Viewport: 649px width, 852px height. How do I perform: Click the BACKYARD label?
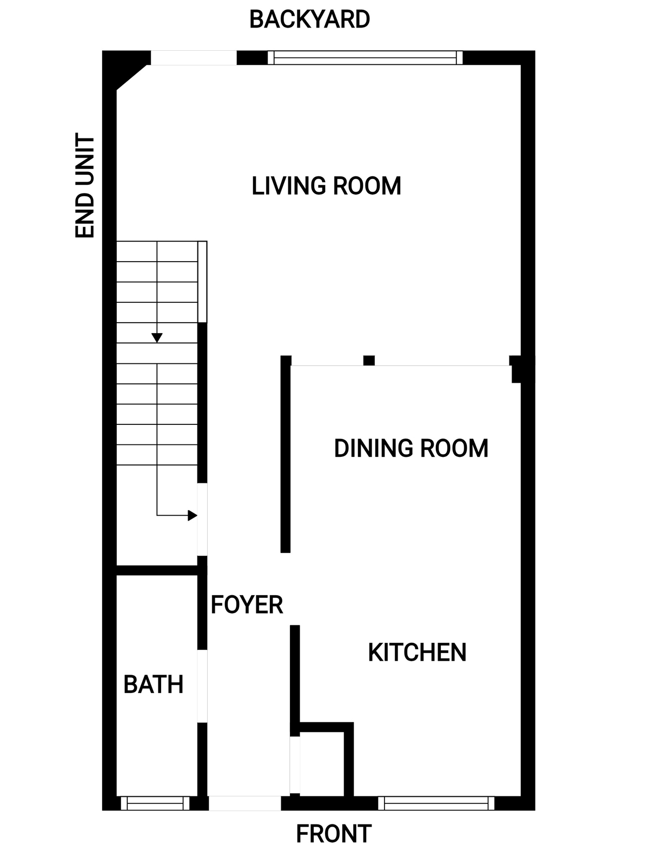pyautogui.click(x=309, y=19)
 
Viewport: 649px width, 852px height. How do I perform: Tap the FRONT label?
pyautogui.click(x=334, y=834)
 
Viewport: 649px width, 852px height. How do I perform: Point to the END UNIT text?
pyautogui.click(x=84, y=185)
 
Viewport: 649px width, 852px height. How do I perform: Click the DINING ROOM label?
pyautogui.click(x=410, y=448)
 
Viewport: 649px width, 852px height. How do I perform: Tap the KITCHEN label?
pyautogui.click(x=417, y=653)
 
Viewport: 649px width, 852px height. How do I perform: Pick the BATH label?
pyautogui.click(x=153, y=684)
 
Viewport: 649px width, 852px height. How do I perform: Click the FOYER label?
pyautogui.click(x=247, y=604)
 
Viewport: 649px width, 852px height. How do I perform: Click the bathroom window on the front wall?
pyautogui.click(x=155, y=803)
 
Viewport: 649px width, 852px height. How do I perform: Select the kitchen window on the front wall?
pyautogui.click(x=436, y=803)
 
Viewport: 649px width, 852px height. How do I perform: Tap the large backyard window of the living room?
pyautogui.click(x=365, y=58)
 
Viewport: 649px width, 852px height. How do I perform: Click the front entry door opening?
pyautogui.click(x=244, y=803)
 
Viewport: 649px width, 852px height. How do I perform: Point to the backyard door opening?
pyautogui.click(x=193, y=58)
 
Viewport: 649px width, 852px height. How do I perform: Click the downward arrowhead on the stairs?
pyautogui.click(x=157, y=338)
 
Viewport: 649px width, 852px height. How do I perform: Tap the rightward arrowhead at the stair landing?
pyautogui.click(x=193, y=515)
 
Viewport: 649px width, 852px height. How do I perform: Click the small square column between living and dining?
pyautogui.click(x=369, y=361)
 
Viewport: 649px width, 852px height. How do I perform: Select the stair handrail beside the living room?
pyautogui.click(x=202, y=282)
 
